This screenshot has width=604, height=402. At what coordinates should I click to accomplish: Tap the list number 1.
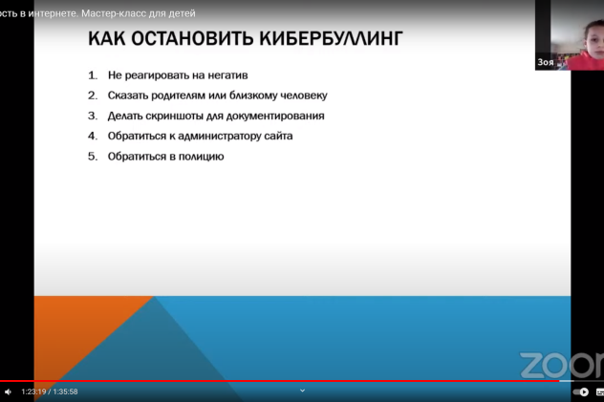[x=93, y=74]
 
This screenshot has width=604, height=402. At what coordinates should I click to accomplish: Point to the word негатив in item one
[x=227, y=74]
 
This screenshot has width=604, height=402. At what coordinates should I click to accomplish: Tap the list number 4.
[x=93, y=136]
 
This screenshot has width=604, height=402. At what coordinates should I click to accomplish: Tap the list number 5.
[x=93, y=156]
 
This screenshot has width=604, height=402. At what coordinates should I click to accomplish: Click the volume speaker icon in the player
[x=8, y=391]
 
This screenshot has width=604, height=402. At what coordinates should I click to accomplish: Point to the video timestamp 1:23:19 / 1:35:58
[x=50, y=391]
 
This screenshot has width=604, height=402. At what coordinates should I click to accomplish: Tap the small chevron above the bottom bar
[x=302, y=390]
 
